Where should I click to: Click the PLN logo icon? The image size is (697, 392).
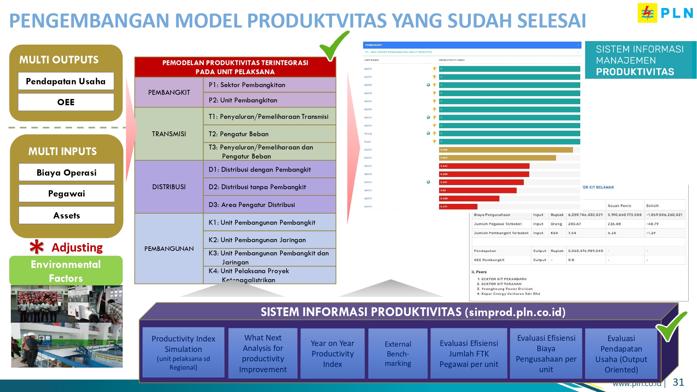pos(647,13)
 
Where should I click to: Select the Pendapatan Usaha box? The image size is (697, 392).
pos(66,81)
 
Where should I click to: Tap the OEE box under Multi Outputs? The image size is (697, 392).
pos(66,102)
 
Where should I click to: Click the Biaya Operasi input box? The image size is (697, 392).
pos(67,172)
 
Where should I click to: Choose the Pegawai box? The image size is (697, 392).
pos(67,193)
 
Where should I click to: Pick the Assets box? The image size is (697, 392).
pos(67,215)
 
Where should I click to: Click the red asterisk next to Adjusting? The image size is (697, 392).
pos(37,247)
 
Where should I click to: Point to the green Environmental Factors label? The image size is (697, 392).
pos(66,271)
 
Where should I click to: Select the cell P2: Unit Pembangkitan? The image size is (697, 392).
pos(269,100)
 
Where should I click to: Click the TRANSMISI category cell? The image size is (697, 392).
pos(169,134)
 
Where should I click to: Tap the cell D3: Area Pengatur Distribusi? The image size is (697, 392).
pos(269,205)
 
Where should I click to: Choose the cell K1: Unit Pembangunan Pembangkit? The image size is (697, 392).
pos(269,222)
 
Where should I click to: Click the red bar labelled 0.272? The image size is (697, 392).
pos(458,206)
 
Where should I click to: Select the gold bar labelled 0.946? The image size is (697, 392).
pos(505,150)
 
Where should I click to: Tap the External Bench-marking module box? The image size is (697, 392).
pos(398,354)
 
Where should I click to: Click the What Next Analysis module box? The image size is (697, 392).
pos(263,353)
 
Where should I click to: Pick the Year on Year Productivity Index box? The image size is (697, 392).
pos(332,354)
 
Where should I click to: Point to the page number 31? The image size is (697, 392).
pos(678,382)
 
